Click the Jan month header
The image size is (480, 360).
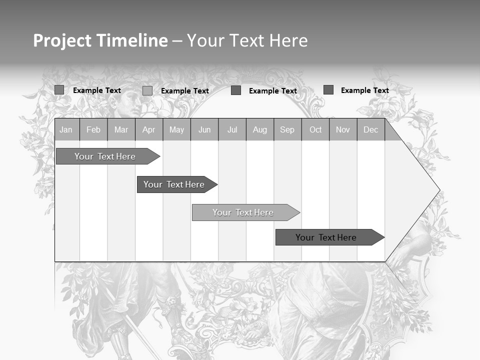tap(66, 129)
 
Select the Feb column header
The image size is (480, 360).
tap(93, 129)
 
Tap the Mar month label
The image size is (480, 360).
tap(121, 129)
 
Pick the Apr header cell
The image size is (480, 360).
tap(149, 129)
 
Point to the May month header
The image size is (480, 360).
tap(176, 129)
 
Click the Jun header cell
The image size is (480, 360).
tap(204, 129)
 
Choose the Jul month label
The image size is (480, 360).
tap(232, 129)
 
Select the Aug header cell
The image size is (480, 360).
tap(260, 129)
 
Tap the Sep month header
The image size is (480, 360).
tap(287, 129)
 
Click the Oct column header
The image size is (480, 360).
tap(315, 129)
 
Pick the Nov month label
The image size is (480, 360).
tap(343, 129)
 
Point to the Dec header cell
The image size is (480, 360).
tap(371, 129)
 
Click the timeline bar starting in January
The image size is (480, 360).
tap(105, 156)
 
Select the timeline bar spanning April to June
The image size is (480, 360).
tap(174, 184)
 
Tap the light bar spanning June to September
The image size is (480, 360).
tap(243, 212)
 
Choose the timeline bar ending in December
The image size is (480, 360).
tap(326, 237)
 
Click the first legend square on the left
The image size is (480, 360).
tap(59, 90)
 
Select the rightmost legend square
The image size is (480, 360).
tap(328, 90)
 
